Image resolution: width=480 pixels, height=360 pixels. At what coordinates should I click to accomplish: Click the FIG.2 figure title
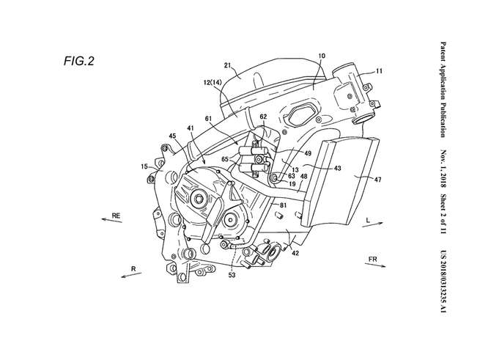point(78,62)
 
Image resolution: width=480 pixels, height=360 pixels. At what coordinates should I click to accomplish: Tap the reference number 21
point(227,65)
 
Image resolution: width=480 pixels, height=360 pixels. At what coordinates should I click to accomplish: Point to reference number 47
point(377,180)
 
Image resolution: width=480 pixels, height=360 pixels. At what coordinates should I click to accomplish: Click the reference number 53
point(232,275)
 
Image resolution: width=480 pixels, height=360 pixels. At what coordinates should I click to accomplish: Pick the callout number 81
point(283,205)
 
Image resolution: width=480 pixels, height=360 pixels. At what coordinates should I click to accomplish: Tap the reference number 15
point(144,166)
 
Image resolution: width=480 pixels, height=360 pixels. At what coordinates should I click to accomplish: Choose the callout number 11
point(379,71)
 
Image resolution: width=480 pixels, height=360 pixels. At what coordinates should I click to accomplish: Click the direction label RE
point(116,216)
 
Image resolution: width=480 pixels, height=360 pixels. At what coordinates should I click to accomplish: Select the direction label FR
point(372,260)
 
